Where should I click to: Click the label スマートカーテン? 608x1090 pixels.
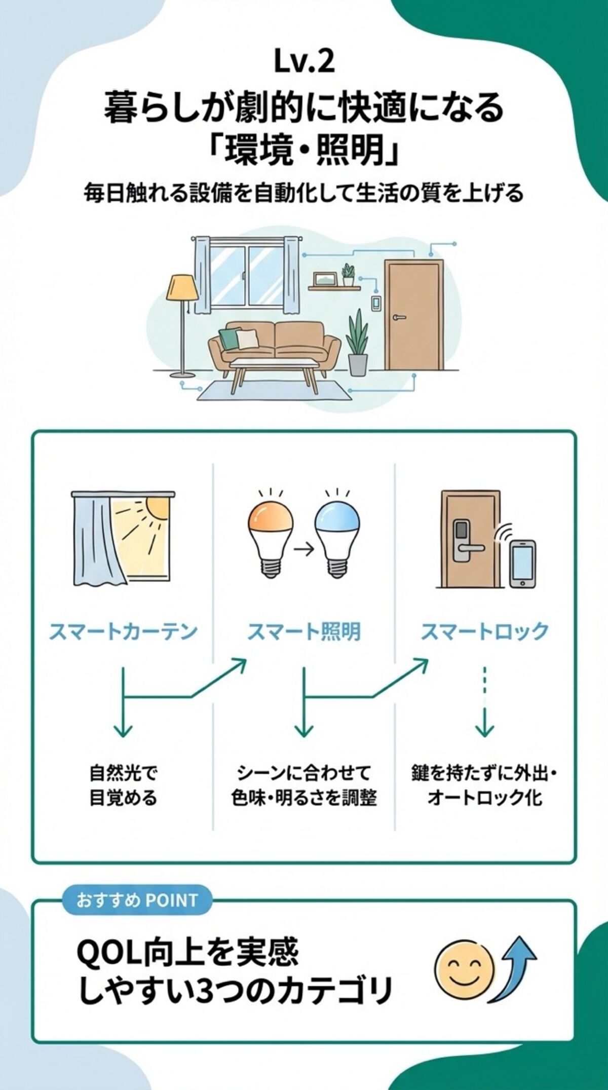click(123, 631)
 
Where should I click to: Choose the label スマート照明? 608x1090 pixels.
click(304, 631)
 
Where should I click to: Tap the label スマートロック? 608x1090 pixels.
click(485, 631)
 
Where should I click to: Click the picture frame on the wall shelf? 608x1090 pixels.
click(324, 279)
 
